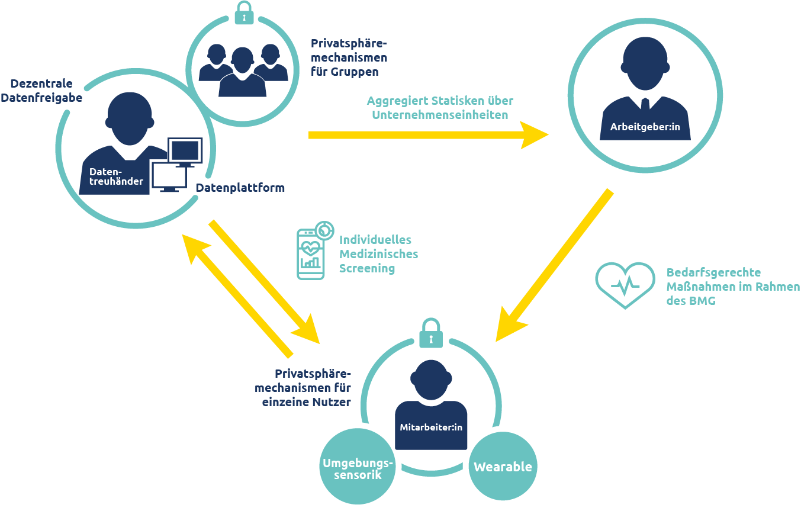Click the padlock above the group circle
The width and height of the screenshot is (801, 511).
tap(244, 12)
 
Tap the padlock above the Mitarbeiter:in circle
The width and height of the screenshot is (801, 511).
tap(431, 334)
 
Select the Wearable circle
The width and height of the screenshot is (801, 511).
tap(503, 467)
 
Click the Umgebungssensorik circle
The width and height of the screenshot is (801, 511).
tap(357, 468)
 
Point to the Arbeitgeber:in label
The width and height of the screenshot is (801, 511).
tap(645, 127)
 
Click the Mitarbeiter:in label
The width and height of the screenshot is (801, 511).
tap(431, 426)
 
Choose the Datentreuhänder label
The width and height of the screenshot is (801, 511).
tap(116, 176)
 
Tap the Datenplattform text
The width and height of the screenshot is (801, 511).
tap(240, 188)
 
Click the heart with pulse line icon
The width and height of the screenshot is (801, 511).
tap(625, 285)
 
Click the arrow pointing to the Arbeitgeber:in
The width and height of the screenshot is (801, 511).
tap(426, 135)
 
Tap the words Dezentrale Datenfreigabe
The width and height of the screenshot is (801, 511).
tap(41, 91)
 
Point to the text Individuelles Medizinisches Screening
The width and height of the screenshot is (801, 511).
tap(378, 254)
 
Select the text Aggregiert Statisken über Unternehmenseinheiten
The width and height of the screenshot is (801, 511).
tap(439, 108)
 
